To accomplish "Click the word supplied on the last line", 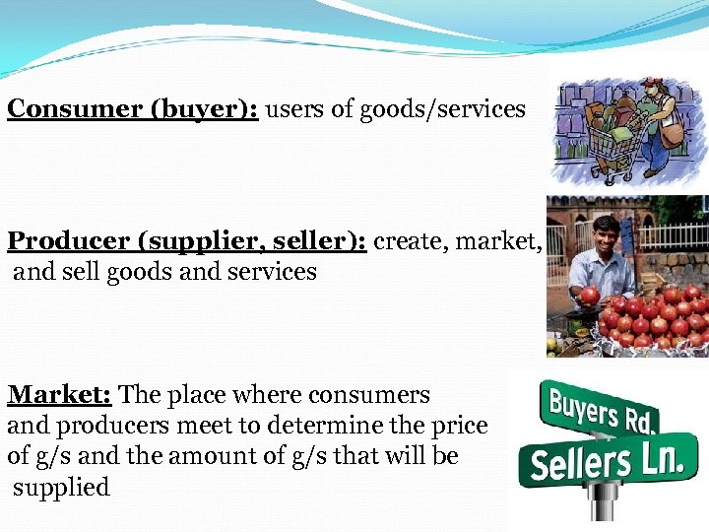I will [x=61, y=487].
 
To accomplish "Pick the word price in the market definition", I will [x=462, y=426].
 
